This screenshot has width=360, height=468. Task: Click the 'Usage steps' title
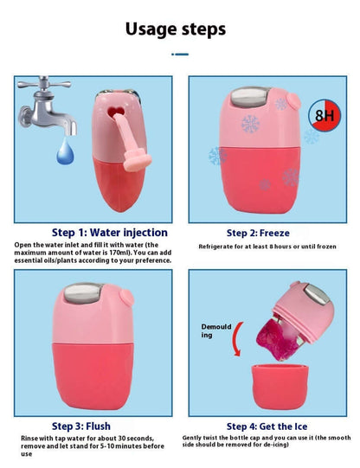coord(176,29)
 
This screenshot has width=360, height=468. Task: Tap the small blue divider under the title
coord(180,54)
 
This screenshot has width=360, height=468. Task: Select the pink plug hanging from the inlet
coord(136,160)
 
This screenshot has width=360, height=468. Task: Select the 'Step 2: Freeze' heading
coord(258,233)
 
